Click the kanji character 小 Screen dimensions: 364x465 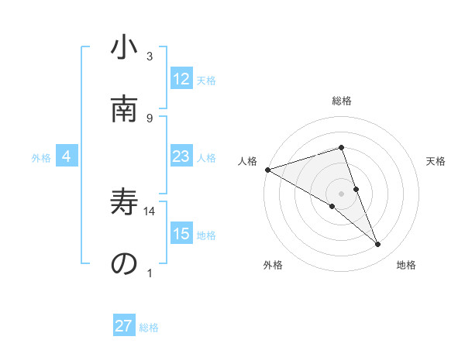click(x=125, y=49)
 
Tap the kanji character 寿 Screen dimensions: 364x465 click(x=125, y=204)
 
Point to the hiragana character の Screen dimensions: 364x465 click(x=125, y=264)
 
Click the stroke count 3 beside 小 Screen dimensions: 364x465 click(x=150, y=57)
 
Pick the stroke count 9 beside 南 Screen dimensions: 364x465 click(x=150, y=118)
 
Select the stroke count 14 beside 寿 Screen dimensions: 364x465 click(x=150, y=211)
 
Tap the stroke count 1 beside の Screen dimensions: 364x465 click(x=150, y=273)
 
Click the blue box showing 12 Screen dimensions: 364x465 click(x=181, y=79)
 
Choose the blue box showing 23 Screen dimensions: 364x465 click(x=181, y=157)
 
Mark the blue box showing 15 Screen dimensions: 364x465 click(x=181, y=235)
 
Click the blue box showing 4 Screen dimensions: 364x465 click(x=67, y=157)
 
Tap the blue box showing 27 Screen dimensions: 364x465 click(x=124, y=326)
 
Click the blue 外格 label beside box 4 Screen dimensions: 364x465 click(x=41, y=158)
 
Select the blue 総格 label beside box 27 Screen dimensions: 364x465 click(x=149, y=328)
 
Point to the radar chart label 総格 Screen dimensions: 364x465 click(x=342, y=101)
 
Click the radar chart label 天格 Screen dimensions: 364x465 click(x=436, y=161)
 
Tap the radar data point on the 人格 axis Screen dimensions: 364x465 click(x=267, y=169)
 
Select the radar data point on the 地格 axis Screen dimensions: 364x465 click(x=378, y=245)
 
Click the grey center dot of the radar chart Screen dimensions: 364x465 click(x=342, y=193)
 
